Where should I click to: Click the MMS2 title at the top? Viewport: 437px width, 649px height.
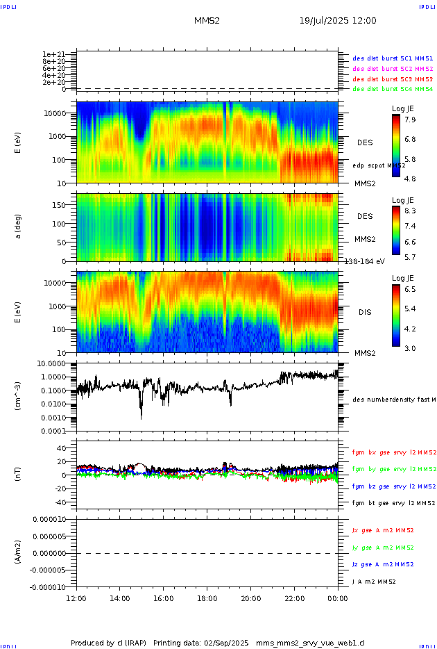click(207, 21)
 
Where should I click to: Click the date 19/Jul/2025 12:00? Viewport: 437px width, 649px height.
click(338, 21)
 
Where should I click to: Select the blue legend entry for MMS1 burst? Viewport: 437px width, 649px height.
click(392, 59)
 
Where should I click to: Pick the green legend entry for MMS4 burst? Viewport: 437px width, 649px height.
click(392, 89)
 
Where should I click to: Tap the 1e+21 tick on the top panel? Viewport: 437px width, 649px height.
click(53, 54)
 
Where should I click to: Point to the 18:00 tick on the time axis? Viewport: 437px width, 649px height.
click(207, 598)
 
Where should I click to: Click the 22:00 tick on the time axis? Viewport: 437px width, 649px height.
click(295, 598)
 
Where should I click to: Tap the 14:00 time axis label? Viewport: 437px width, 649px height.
click(120, 598)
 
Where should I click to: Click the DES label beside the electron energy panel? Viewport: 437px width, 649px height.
click(365, 142)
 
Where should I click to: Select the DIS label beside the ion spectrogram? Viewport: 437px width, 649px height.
click(365, 312)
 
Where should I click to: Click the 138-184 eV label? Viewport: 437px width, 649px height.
click(365, 261)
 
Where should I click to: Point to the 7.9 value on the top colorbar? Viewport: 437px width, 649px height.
click(410, 120)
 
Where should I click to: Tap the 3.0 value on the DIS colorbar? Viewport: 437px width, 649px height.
click(410, 347)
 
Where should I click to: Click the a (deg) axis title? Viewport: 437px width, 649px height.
click(19, 227)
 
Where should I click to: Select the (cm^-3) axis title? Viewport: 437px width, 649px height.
click(19, 396)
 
